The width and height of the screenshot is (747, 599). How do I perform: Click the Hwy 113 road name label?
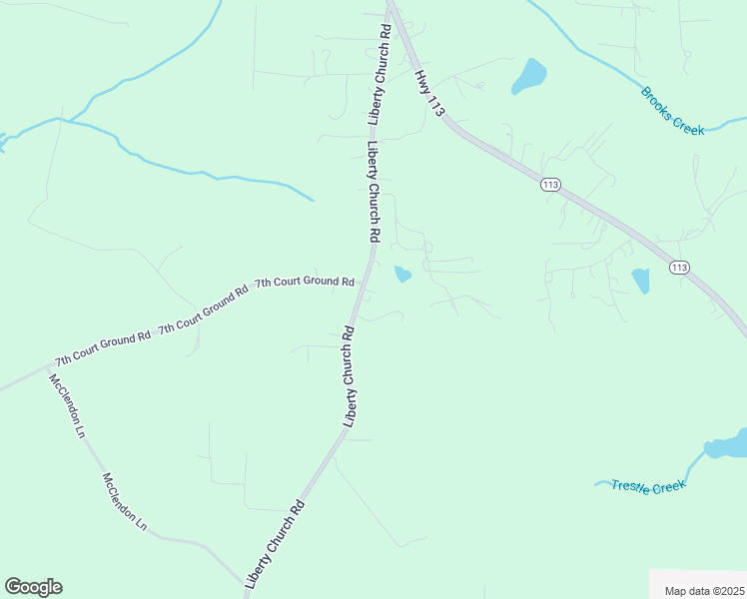coord(429,93)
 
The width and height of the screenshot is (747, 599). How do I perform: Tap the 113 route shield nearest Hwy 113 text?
coord(551,185)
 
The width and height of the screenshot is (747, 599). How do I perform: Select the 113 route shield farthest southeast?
coord(679,267)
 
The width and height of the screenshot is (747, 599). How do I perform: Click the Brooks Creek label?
coord(673,111)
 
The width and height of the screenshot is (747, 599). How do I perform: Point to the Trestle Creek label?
coord(649,486)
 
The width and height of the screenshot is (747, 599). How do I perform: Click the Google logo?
coord(33,587)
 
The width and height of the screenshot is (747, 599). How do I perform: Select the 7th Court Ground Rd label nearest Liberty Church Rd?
coord(305,283)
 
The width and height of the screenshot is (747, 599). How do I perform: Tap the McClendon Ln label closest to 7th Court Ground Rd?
coord(67,408)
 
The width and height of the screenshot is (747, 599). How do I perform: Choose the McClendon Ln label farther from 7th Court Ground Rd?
coord(124,501)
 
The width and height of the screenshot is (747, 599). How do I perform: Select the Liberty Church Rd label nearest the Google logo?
coord(274,544)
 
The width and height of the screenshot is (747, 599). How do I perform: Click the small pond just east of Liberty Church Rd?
coord(402,275)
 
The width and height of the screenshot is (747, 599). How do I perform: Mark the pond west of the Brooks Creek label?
coord(529,75)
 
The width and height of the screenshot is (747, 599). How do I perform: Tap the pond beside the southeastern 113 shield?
coord(640,281)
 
